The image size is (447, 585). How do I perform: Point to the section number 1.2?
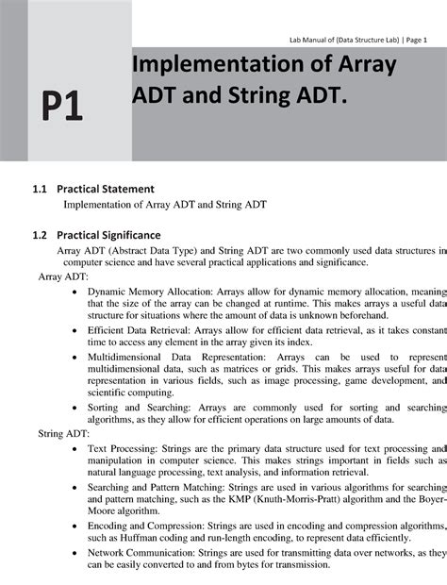coord(40,234)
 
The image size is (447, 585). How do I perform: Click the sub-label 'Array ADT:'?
coord(63,279)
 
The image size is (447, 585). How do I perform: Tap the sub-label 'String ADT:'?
coord(64,434)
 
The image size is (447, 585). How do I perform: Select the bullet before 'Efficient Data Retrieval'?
coord(74,332)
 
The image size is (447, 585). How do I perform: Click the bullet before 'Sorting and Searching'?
coord(74,409)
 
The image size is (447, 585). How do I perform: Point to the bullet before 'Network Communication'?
coord(74,552)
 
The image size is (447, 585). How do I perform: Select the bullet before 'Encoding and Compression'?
coord(74,526)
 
